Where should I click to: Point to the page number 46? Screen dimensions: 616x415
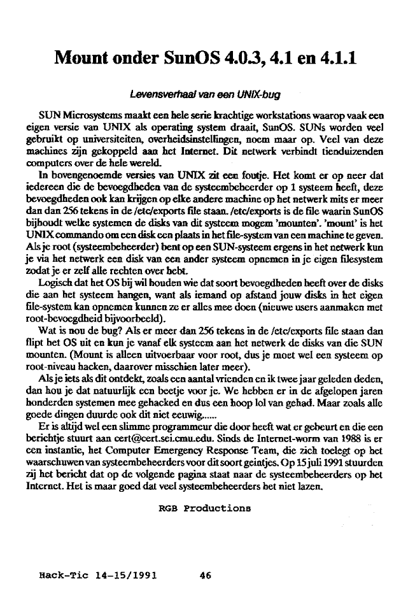click(205, 575)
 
